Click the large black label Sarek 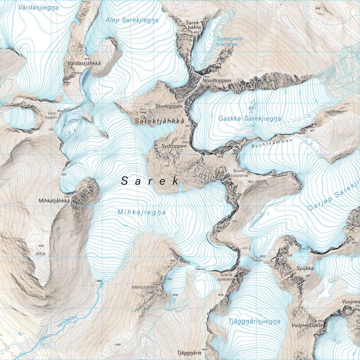[150, 181]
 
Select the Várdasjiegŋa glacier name [39, 7]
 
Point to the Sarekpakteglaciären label [229, 41]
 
